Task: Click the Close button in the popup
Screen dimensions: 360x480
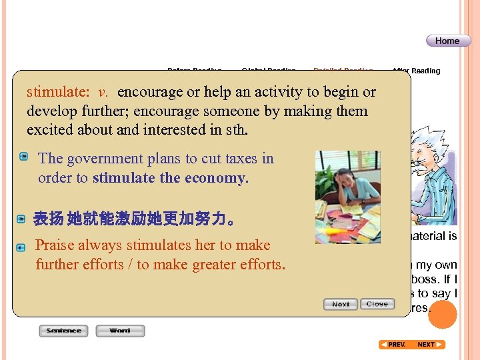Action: click(x=377, y=304)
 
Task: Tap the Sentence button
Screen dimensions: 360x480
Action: click(x=64, y=331)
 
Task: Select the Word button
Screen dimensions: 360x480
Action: click(x=120, y=331)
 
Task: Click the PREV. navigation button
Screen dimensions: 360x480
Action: click(x=393, y=345)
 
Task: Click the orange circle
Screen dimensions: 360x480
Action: click(x=442, y=315)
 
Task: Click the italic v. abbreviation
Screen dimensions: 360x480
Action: click(x=103, y=92)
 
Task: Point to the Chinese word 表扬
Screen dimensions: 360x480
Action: click(x=49, y=219)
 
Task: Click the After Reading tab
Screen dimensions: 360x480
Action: click(x=416, y=71)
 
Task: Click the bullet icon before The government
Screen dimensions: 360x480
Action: click(x=23, y=157)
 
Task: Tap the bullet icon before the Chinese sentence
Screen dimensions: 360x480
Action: click(x=22, y=219)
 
